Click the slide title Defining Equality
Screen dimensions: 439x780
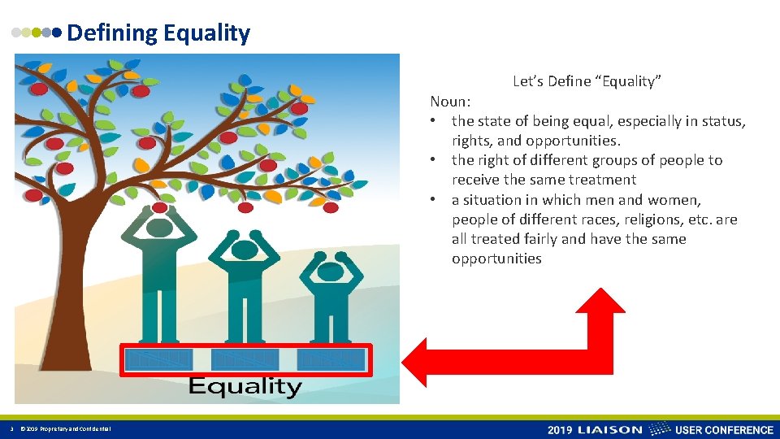pos(158,33)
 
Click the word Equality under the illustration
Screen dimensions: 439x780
pos(245,387)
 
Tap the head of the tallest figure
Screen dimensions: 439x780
pos(160,227)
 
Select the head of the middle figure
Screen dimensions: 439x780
pos(245,250)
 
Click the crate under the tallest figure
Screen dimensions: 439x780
pos(159,359)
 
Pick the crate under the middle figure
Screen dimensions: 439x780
pos(245,359)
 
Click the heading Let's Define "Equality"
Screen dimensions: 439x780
pos(587,81)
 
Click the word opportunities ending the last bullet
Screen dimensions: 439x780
pos(496,259)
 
